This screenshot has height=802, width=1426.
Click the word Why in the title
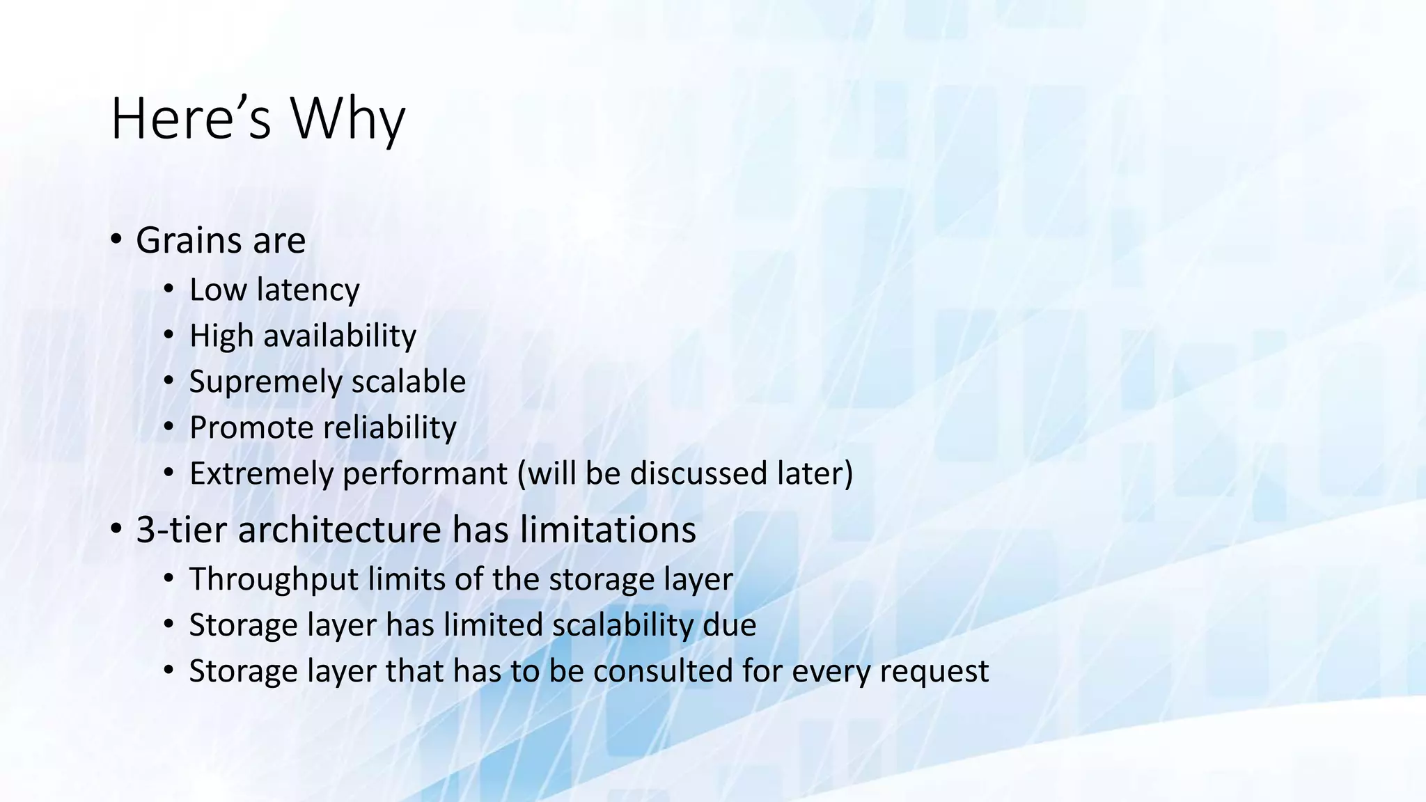tap(347, 119)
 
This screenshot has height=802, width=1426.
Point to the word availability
tap(339, 336)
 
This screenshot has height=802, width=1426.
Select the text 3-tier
tap(182, 530)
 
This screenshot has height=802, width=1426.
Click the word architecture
tap(339, 530)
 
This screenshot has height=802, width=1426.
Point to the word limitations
tap(608, 530)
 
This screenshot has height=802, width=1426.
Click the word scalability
tap(622, 626)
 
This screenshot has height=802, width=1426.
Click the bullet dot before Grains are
tap(116, 239)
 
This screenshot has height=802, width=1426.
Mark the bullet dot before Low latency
tap(169, 289)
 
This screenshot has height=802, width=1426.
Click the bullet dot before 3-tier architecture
tap(116, 528)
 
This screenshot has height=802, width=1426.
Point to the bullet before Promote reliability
tap(169, 427)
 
